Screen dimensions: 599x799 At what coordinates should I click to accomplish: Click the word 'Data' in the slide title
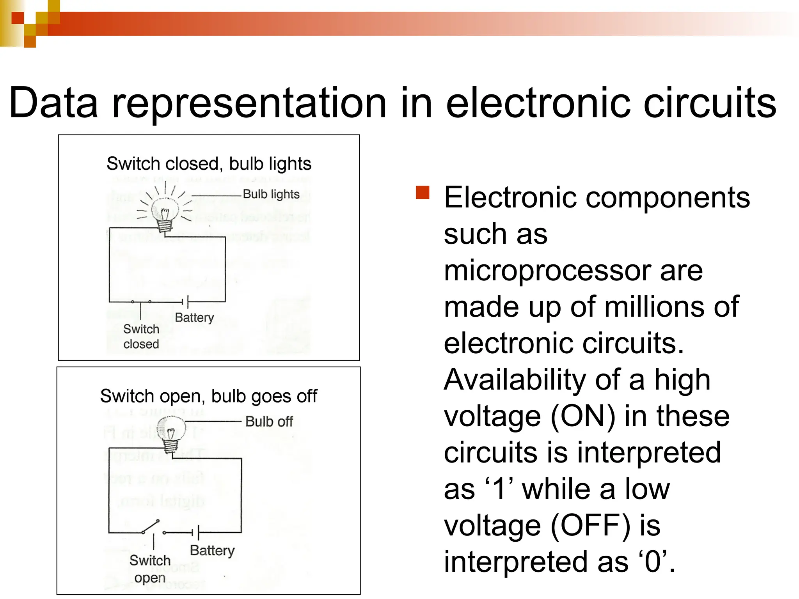point(53,103)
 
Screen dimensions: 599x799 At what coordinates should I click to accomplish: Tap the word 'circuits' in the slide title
point(710,103)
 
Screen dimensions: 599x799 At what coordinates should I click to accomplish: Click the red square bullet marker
point(423,193)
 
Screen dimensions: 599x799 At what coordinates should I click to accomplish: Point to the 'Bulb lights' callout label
point(271,194)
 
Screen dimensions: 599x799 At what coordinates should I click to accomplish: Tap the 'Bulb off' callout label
point(269,422)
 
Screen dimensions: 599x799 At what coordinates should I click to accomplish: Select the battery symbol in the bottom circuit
point(195,532)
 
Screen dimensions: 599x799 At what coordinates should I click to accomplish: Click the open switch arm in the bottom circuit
point(151,526)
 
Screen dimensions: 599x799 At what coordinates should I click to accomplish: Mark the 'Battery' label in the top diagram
point(194,317)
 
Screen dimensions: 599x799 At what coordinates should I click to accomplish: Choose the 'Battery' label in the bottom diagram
point(212,550)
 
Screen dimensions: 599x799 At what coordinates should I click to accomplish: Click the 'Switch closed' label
point(141,337)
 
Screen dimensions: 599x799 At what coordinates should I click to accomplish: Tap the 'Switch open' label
point(150,569)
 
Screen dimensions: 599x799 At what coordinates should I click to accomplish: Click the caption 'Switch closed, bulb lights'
point(209,164)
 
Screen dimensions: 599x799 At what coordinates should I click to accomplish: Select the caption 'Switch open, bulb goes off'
point(209,396)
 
